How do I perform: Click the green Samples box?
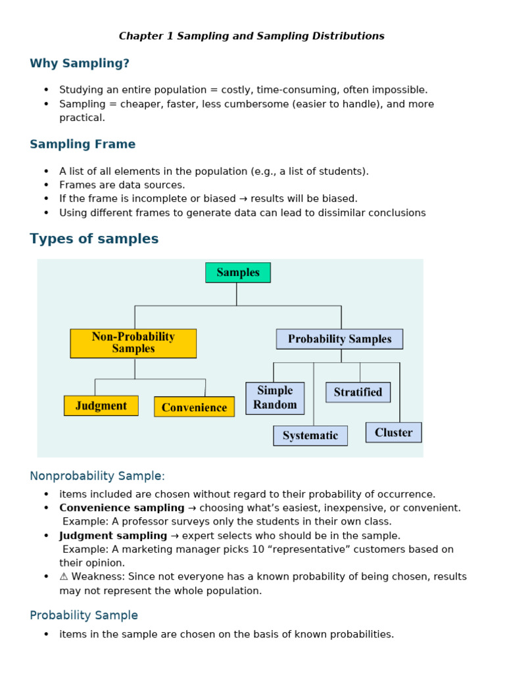coord(237,273)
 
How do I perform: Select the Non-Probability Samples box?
coord(133,343)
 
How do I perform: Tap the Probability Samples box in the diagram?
coord(339,339)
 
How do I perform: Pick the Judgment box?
coord(101,406)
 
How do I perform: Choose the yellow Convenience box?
coord(194,407)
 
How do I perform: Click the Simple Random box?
coord(275,398)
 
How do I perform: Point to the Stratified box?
coord(358,392)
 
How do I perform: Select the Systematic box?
coord(310,435)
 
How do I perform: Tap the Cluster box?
coord(393,432)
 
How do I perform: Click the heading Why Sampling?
coord(80,63)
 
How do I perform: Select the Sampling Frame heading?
coord(82,144)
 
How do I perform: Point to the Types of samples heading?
coord(94,239)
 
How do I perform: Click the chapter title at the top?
coord(252,36)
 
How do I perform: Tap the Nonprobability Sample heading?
coord(97,475)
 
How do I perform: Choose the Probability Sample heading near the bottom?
coord(84,615)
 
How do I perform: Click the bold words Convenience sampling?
coord(122,507)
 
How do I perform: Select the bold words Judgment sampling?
coord(113,536)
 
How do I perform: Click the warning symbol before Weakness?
coord(64,576)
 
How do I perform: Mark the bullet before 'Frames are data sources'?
coord(46,185)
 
